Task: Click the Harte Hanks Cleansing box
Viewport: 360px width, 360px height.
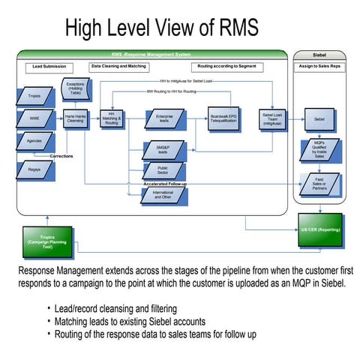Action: point(73,118)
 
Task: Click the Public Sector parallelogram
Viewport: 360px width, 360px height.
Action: point(162,171)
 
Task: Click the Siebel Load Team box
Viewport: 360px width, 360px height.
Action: point(271,118)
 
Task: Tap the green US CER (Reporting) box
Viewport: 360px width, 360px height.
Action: point(319,229)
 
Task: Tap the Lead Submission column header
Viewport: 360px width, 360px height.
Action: point(49,66)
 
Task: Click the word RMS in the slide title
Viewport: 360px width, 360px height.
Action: point(235,28)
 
